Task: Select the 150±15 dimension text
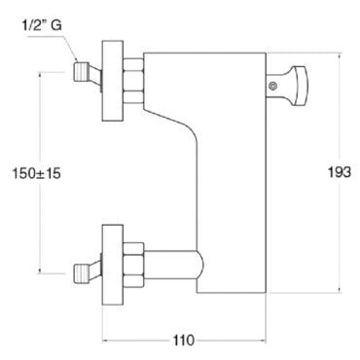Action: pos(36,173)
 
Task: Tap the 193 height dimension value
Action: pos(340,172)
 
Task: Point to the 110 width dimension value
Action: pos(184,341)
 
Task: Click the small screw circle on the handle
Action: pos(273,86)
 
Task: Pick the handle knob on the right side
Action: pos(298,86)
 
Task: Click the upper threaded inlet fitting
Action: pos(80,72)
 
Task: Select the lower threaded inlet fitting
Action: pos(80,274)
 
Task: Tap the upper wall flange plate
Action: pos(113,81)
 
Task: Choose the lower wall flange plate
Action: pos(113,265)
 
